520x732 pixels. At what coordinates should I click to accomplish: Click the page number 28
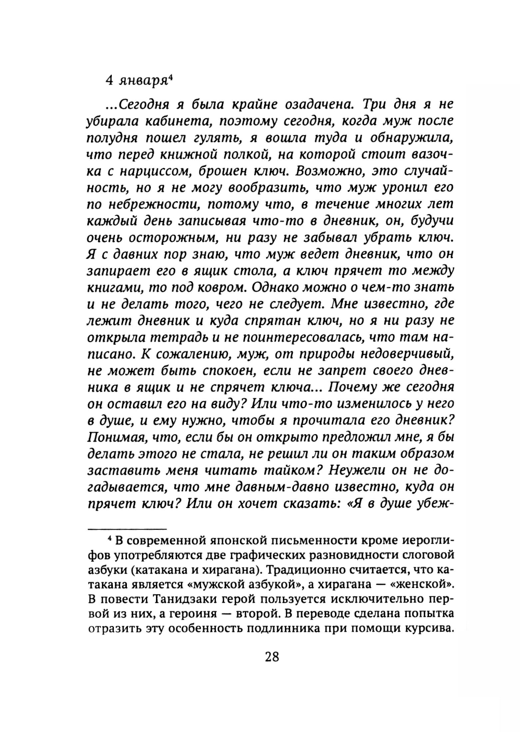coord(272,657)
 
